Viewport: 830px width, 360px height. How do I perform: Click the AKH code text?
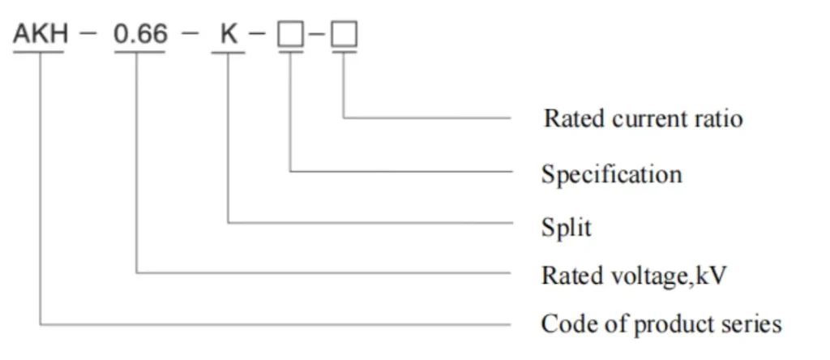coord(38,34)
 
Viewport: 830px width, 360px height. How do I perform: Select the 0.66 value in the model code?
coord(140,34)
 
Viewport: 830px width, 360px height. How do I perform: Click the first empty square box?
coord(289,35)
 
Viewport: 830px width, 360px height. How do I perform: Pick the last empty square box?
coord(344,35)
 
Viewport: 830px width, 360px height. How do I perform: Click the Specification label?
coord(611,174)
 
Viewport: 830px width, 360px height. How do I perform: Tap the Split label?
coord(566,227)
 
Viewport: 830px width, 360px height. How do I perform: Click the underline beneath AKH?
coord(38,53)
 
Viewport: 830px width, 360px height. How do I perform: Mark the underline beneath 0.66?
coord(140,53)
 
